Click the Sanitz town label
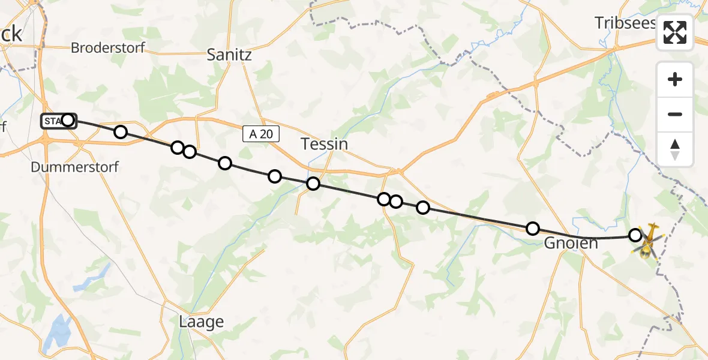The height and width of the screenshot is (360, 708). (229, 55)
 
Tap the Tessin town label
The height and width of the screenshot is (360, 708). (324, 144)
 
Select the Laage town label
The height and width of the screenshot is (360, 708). (201, 322)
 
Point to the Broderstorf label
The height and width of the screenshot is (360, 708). (108, 48)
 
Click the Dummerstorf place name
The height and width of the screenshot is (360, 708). (74, 167)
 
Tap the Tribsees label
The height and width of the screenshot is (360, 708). (625, 23)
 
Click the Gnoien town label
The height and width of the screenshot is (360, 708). (571, 243)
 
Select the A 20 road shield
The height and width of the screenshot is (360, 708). (261, 134)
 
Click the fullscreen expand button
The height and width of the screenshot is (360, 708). (675, 32)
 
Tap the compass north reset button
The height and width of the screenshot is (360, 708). (675, 149)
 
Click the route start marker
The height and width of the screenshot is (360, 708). (68, 121)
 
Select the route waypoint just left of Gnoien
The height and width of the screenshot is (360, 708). (532, 229)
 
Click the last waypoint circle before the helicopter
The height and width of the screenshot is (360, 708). (635, 235)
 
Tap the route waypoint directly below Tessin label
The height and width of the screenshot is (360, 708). (313, 184)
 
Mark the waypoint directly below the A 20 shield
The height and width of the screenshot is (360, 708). (275, 176)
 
